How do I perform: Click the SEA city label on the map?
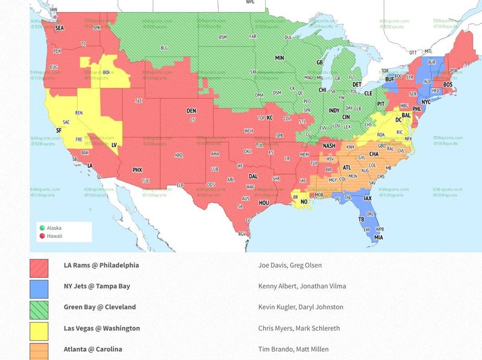click(x=59, y=28)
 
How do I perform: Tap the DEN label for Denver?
click(x=191, y=111)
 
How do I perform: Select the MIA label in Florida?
click(x=378, y=237)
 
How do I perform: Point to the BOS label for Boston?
click(x=448, y=84)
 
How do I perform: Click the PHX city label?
click(x=137, y=170)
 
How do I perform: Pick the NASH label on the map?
click(x=329, y=146)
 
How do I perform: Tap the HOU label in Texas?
click(x=263, y=203)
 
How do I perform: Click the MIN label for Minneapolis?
click(x=280, y=58)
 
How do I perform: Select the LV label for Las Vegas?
click(x=114, y=145)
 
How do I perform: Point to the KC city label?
click(x=270, y=118)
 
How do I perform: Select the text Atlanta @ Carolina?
click(x=93, y=349)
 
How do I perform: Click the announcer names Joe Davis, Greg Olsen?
click(x=290, y=265)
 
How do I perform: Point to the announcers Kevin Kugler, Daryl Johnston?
click(x=301, y=307)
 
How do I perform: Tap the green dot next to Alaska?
click(x=42, y=228)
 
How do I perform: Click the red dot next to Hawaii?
click(x=42, y=236)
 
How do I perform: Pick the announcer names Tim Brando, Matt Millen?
click(x=293, y=349)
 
